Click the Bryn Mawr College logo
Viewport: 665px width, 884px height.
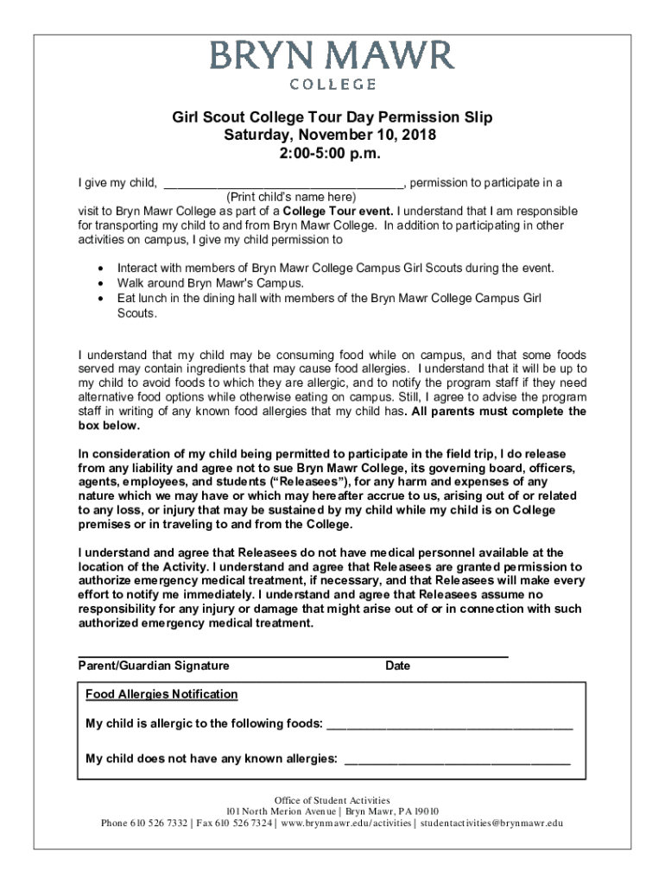click(x=332, y=66)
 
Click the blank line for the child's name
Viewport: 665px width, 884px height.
click(x=282, y=183)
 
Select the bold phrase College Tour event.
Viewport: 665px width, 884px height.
click(x=339, y=212)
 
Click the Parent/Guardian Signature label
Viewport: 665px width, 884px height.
click(x=154, y=666)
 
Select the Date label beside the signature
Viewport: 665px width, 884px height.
click(x=398, y=666)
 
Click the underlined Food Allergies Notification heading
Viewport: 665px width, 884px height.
click(x=161, y=695)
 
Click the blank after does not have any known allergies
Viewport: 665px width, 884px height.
click(x=457, y=760)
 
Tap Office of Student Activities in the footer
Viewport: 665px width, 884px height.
click(x=332, y=800)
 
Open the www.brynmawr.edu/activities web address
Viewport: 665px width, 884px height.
click(x=346, y=823)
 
